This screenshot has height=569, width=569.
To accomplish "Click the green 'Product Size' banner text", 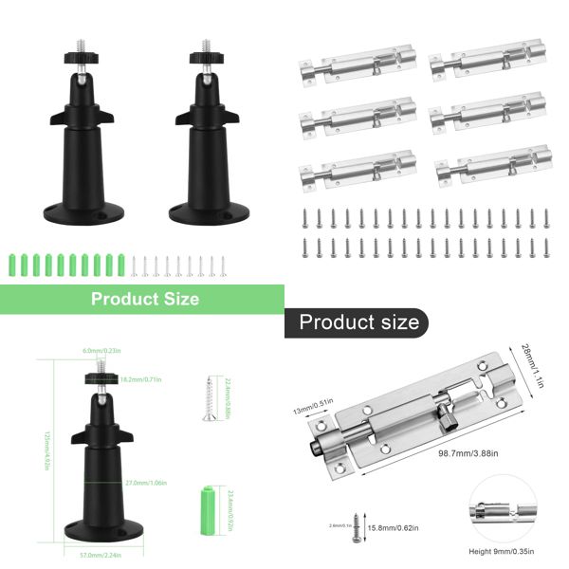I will coord(144,299).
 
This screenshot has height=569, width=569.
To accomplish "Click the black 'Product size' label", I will coord(358,322).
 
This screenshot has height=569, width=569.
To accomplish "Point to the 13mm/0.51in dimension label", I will coord(312,407).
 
